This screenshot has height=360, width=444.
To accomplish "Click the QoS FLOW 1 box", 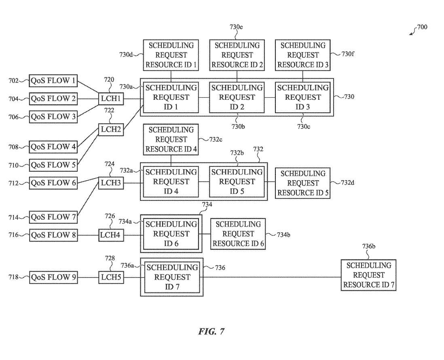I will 53,81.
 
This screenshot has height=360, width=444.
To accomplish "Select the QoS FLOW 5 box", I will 53,165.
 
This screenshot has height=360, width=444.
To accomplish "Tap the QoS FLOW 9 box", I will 53,277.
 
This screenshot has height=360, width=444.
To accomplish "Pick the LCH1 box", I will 111,99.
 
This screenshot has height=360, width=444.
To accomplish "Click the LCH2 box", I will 111,130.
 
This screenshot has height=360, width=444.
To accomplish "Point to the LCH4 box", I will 111,235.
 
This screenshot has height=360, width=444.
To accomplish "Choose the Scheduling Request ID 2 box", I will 237,97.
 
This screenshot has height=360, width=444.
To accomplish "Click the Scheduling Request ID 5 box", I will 237,182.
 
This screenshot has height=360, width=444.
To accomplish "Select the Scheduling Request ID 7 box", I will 172,277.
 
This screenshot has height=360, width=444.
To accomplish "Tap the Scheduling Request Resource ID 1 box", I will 171,55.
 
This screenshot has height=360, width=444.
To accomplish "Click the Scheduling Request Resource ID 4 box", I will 171,139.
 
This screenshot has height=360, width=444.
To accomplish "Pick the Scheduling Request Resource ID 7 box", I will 368,275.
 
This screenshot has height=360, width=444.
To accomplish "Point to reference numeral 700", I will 422,27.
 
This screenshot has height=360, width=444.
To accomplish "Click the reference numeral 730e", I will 236,27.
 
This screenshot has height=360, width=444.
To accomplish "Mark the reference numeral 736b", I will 368,246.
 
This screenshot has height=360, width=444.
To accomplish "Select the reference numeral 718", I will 14,277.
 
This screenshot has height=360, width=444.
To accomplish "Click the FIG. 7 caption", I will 211,332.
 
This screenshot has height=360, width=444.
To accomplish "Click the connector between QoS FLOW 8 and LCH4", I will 88,235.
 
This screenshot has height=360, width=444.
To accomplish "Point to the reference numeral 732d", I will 347,183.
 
